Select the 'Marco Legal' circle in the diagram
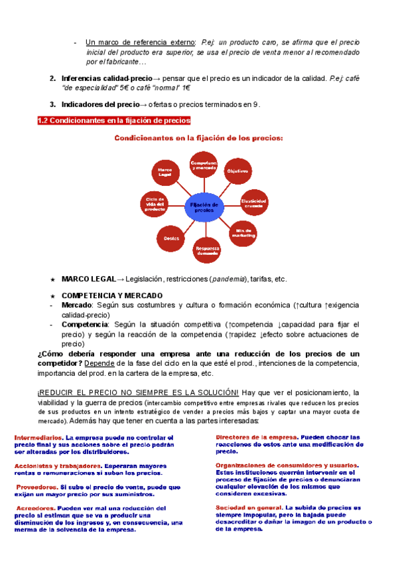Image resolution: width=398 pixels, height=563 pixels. pos(165,173)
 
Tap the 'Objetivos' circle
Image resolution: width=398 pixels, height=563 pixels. pos(237,172)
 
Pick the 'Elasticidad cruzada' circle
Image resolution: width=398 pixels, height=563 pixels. pos(253,202)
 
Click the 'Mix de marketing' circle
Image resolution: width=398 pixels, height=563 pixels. pos(243,233)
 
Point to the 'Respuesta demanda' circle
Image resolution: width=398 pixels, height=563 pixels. pos(206,250)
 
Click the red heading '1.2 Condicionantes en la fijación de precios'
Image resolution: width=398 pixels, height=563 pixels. pos(113,120)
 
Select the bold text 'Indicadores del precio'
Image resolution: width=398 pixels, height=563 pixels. pos(100,104)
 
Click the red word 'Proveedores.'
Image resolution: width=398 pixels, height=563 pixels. pos(38,487)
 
